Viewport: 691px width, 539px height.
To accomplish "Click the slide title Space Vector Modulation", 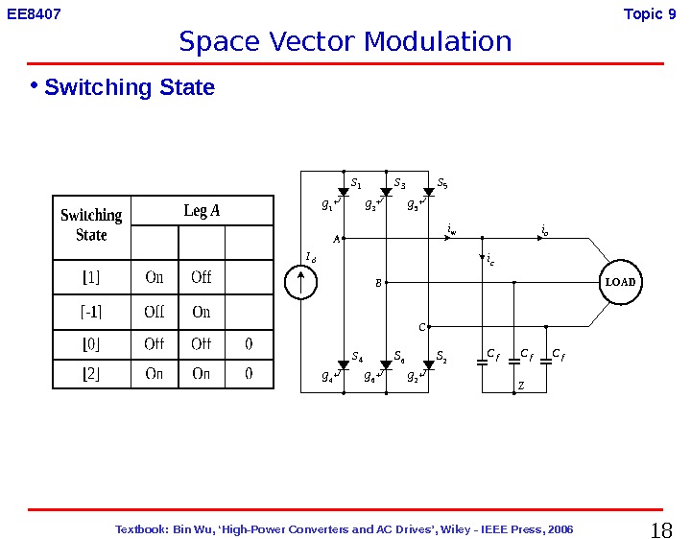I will point(345,42).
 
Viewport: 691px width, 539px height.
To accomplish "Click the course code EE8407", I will point(35,13).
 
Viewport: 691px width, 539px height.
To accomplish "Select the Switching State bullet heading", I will point(130,88).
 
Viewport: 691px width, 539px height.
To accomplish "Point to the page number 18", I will point(661,530).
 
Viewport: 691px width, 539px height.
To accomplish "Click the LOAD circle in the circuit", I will point(620,283).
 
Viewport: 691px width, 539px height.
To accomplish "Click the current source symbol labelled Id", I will point(302,282).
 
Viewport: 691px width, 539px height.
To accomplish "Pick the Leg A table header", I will point(202,211).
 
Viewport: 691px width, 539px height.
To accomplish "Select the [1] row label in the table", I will point(91,278).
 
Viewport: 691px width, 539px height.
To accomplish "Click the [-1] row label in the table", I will point(91,312).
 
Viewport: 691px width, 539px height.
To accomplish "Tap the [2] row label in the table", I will point(91,374).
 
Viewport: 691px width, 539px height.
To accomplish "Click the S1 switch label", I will point(355,181).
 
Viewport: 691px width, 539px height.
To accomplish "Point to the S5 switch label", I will point(442,181).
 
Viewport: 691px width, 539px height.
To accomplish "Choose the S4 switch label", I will point(357,358).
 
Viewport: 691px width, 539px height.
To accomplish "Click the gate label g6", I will point(369,377).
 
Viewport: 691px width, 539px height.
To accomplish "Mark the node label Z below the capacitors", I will point(521,386).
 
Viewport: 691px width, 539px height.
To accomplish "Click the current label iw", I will point(452,230).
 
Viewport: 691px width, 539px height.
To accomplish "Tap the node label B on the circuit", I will point(378,283).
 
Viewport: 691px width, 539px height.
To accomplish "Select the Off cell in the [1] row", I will point(202,278).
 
